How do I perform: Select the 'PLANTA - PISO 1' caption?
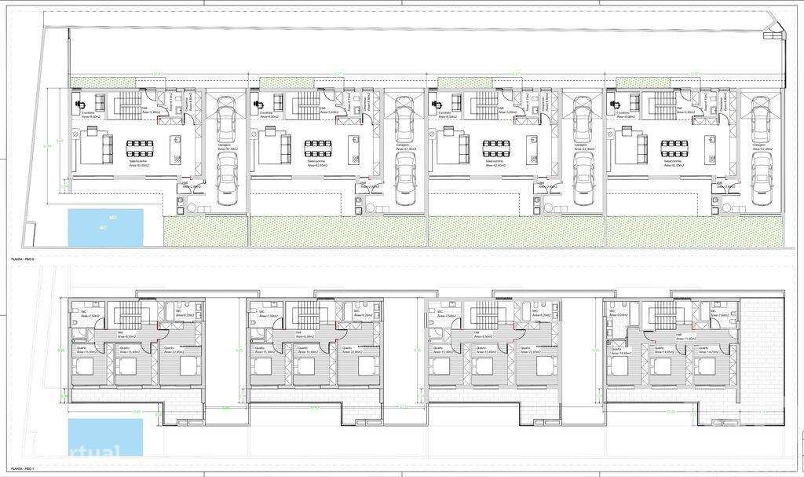21,468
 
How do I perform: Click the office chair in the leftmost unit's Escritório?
79,103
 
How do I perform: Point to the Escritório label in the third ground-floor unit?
442,112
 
